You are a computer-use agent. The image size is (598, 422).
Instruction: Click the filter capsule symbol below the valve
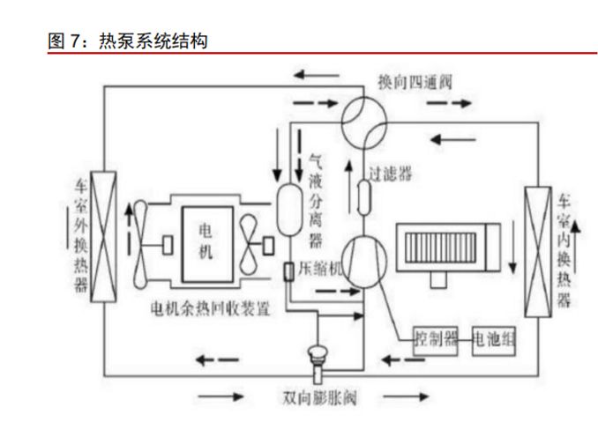(x=363, y=196)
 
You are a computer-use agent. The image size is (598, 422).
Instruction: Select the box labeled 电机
(x=205, y=241)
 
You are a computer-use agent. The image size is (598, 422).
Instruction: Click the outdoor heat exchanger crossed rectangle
(x=104, y=236)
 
